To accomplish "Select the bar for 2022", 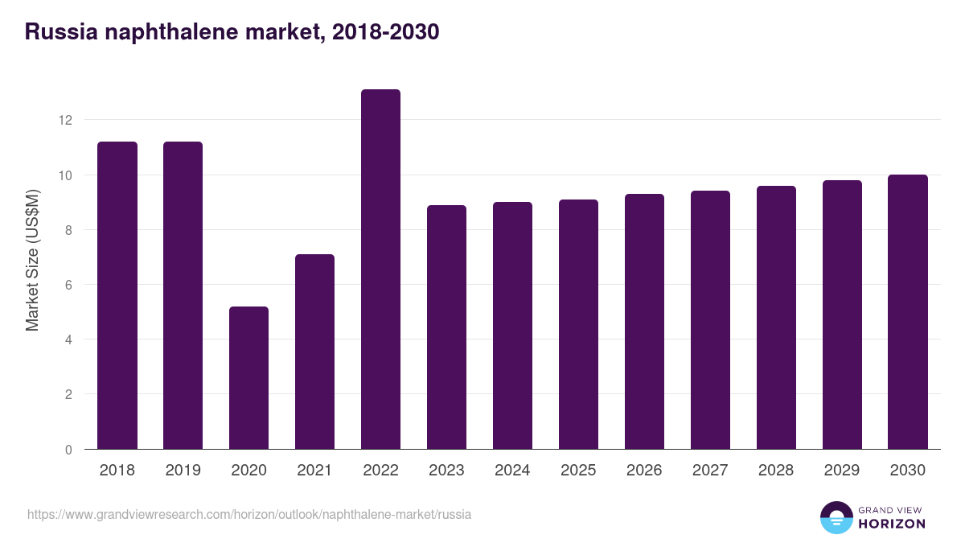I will [x=380, y=269].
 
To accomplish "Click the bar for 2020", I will [x=248, y=378].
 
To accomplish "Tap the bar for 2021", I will [x=314, y=352].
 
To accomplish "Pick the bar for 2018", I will [x=117, y=295].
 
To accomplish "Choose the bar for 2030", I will [x=908, y=312].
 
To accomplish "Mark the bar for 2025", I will [x=578, y=324].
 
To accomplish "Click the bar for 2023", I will [x=446, y=327].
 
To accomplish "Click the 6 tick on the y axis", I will [x=68, y=285].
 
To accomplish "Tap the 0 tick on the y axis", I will [x=68, y=450].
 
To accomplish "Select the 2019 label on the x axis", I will [x=183, y=471].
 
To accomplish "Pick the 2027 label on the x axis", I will [x=710, y=471].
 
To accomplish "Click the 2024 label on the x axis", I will [x=512, y=471].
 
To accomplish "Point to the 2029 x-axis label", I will [x=842, y=471].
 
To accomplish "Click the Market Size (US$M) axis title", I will [x=32, y=260].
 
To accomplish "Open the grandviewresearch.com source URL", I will [x=249, y=514].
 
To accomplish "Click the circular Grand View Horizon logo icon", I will [x=836, y=517].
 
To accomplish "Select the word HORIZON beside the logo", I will [x=891, y=524].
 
